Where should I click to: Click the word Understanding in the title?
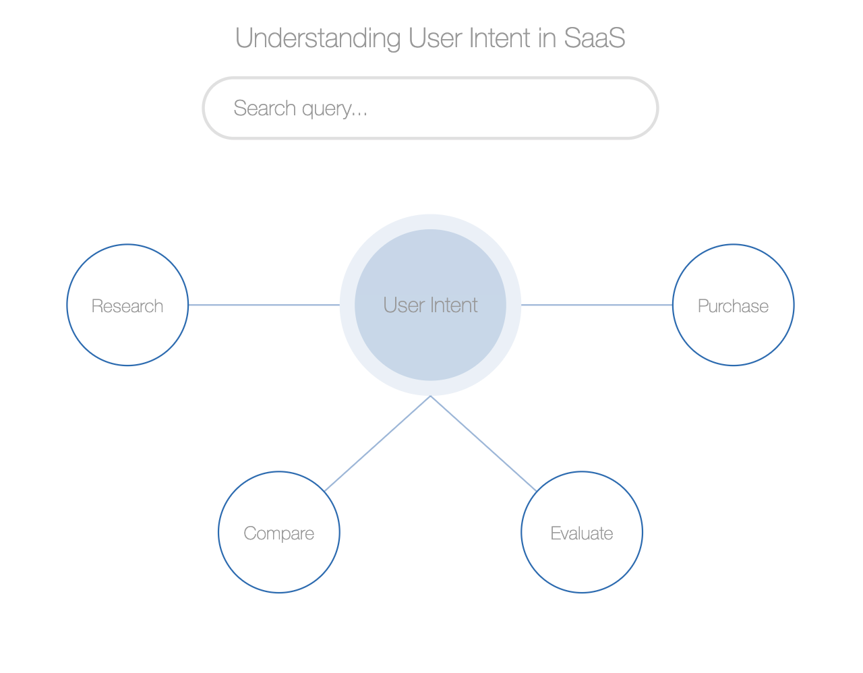point(318,39)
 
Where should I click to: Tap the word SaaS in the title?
point(595,38)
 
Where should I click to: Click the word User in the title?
point(435,38)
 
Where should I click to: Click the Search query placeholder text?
point(300,109)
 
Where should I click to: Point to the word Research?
point(127,306)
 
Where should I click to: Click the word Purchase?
point(733,306)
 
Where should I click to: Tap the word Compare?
point(279,533)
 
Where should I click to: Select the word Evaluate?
point(582,533)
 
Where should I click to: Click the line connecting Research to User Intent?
point(264,305)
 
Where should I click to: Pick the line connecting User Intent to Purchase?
point(597,305)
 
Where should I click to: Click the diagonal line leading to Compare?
point(378,444)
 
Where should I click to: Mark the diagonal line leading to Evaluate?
point(483,444)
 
